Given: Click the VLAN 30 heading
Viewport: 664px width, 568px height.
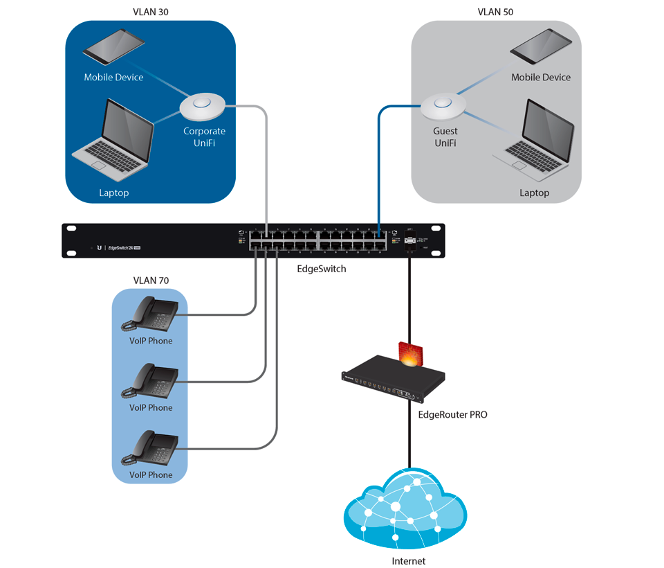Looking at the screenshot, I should click(150, 12).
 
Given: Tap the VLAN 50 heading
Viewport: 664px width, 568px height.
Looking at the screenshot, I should click(495, 12).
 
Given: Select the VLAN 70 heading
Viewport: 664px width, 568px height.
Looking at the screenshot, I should click(150, 281).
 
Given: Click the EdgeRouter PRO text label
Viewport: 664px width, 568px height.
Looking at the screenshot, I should click(452, 415).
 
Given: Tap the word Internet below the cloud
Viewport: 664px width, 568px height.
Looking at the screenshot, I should click(408, 561).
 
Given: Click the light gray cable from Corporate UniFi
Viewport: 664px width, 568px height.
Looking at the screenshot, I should click(266, 166).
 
